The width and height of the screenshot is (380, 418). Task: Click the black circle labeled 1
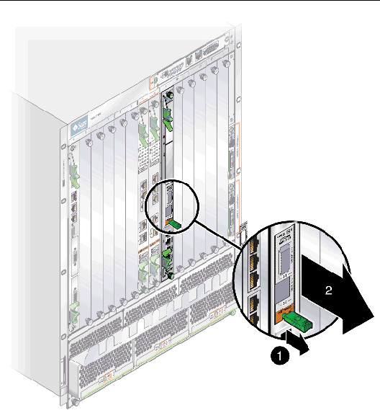282,355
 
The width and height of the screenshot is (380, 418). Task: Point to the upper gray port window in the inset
284,257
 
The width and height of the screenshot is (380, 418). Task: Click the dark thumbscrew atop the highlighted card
171,94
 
